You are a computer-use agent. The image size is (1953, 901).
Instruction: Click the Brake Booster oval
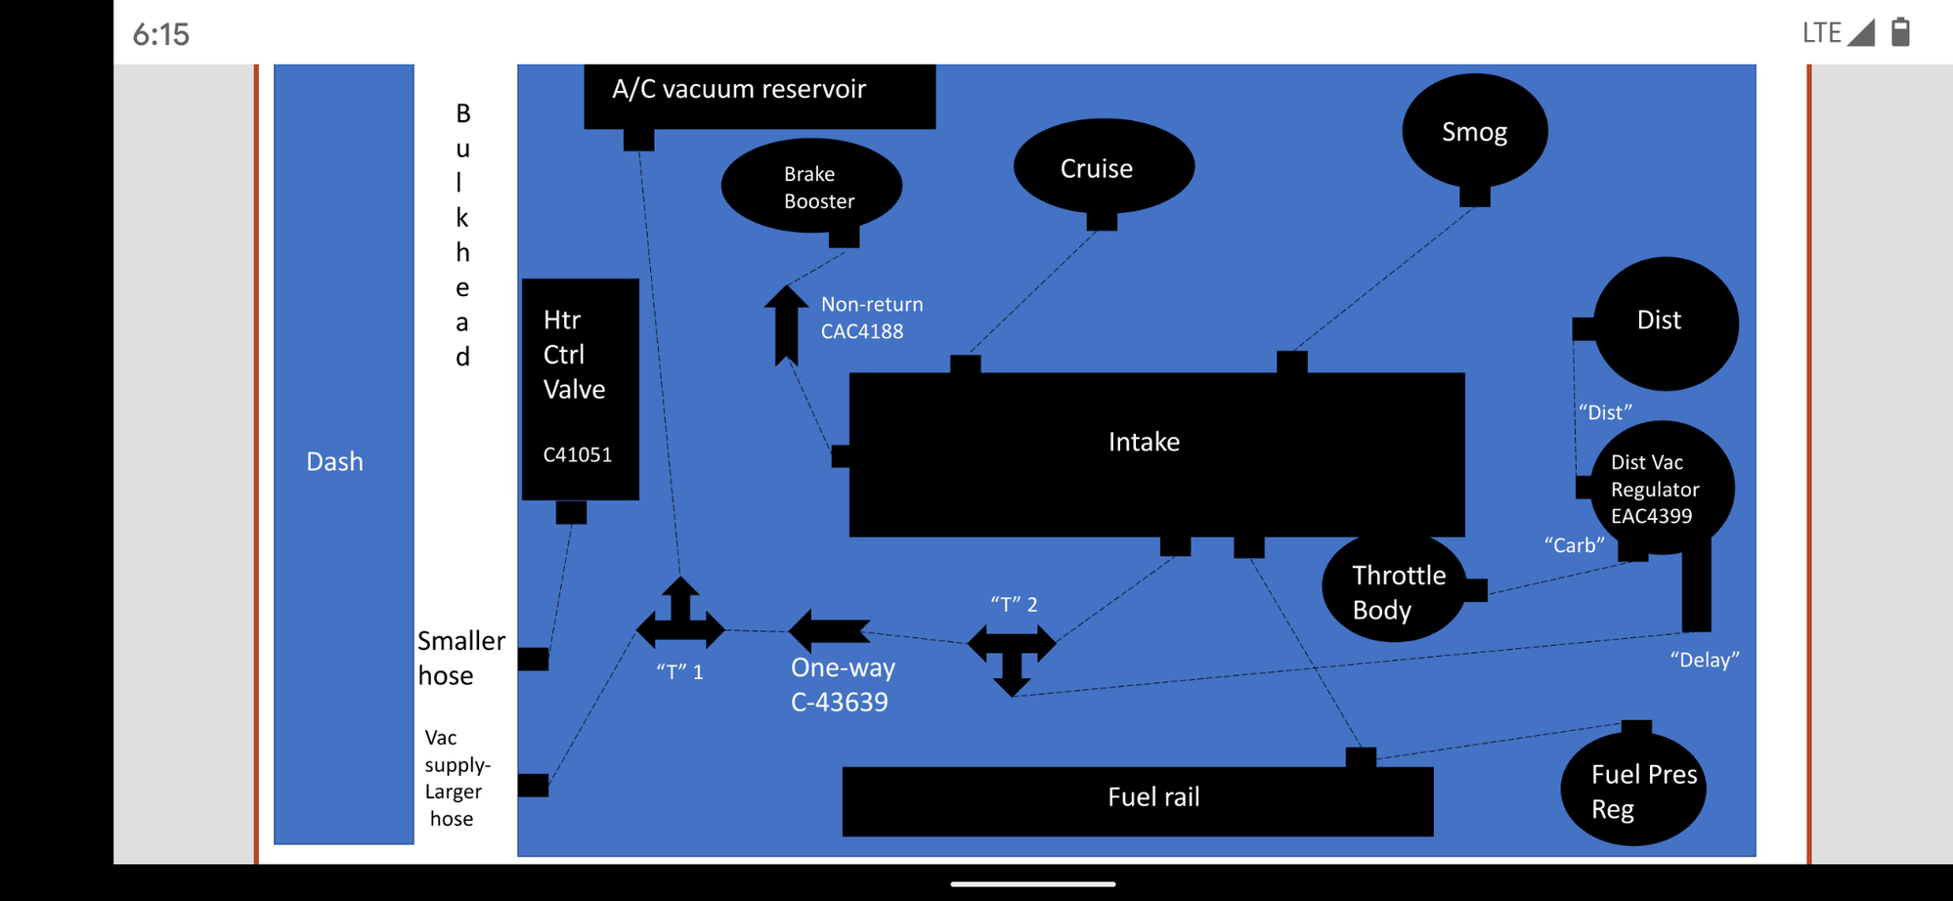coord(811,186)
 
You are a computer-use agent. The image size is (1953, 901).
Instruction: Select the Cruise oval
coord(1103,167)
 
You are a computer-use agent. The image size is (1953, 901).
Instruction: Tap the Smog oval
coord(1474,131)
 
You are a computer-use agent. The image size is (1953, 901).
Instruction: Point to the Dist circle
coord(1665,322)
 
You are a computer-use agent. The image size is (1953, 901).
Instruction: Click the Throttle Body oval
coord(1394,590)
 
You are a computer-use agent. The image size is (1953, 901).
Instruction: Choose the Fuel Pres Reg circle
coord(1633,790)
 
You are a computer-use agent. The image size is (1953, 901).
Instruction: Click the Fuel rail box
coord(1137,800)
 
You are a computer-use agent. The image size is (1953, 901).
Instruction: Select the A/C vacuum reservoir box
coord(759,94)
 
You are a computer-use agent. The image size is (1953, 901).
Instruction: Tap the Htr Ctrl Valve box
coord(580,388)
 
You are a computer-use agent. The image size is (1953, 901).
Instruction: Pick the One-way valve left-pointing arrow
coord(829,631)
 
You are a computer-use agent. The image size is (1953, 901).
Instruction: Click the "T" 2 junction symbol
coord(1012,653)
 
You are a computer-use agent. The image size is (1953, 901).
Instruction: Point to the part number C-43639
coord(839,703)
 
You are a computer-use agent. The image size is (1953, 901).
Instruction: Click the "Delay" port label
coord(1704,661)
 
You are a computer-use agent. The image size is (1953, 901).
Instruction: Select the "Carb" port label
coord(1574,545)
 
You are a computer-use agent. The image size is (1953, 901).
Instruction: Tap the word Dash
coord(334,461)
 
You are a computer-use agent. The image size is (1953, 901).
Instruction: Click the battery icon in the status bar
coord(1900,32)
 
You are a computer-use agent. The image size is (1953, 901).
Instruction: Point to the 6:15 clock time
coord(161,35)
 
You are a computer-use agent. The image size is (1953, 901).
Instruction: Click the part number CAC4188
coord(861,331)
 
